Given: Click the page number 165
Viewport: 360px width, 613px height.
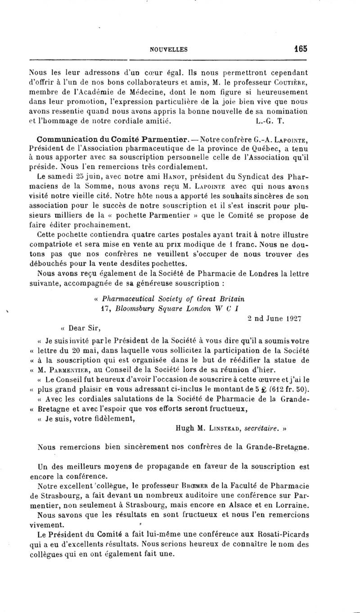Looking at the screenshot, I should click(298, 49).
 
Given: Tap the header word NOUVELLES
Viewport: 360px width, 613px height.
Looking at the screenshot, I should click(169, 50).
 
